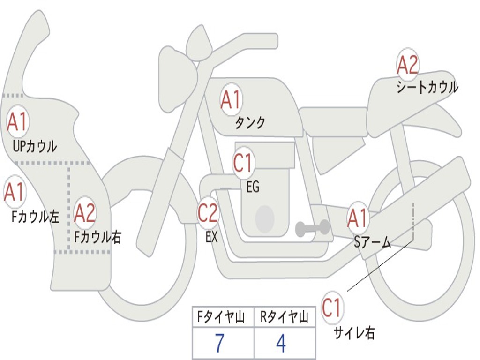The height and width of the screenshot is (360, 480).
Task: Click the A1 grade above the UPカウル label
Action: coord(17,121)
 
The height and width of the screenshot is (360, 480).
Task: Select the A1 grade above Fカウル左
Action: coord(14,192)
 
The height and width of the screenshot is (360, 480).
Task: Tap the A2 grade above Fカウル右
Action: coord(84,213)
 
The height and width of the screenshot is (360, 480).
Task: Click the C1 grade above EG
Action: coord(242,163)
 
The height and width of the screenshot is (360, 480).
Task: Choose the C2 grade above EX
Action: coord(208,212)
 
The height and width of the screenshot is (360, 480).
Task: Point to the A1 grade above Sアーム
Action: coord(357,218)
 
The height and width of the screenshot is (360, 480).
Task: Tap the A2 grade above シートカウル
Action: coord(407,65)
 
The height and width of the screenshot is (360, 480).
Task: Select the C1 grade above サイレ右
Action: coord(332,307)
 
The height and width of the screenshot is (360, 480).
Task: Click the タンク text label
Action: coord(250,123)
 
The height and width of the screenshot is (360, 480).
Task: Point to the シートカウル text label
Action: coord(427,87)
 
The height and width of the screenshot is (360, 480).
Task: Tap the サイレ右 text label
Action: coord(354,333)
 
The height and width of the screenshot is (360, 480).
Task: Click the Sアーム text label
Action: coord(373,242)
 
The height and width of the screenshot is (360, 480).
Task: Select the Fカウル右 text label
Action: coord(97,237)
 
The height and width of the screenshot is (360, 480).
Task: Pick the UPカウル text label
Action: coord(35,146)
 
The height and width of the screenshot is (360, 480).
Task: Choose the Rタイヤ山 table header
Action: coord(285,317)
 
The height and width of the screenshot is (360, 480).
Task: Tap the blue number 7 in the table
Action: coord(219,343)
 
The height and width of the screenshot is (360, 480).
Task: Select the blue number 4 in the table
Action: coord(281,343)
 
